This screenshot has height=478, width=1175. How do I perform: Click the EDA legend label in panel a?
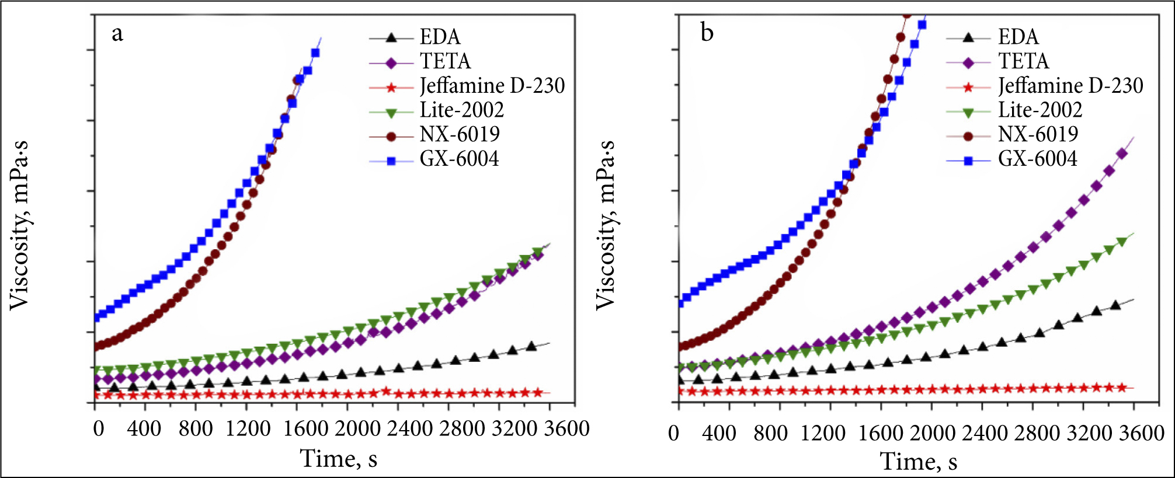(x=440, y=37)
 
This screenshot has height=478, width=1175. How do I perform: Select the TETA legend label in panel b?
(x=1023, y=61)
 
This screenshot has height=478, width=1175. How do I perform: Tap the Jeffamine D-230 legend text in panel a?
(x=492, y=86)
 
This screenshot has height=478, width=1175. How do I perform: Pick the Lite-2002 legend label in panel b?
(x=1040, y=110)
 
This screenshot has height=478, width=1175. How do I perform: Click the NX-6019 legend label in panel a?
(x=460, y=134)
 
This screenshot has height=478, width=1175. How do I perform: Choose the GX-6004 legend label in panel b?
(x=1037, y=159)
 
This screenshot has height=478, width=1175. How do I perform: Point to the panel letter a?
(x=117, y=34)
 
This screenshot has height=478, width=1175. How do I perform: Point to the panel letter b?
(x=707, y=33)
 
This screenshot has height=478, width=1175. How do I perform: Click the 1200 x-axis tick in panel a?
(x=248, y=429)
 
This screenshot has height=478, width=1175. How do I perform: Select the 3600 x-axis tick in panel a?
(x=566, y=429)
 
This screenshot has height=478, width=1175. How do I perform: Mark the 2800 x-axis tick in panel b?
(x=1037, y=433)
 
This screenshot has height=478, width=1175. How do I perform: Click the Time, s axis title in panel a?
(x=339, y=459)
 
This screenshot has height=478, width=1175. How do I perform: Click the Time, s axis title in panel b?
(x=919, y=461)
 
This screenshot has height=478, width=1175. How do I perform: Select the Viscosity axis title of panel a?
(x=19, y=225)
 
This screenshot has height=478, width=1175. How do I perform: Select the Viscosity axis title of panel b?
(x=606, y=225)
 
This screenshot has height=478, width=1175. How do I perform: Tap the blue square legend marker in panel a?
(x=391, y=159)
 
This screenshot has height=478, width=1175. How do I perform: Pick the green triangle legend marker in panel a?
(x=391, y=111)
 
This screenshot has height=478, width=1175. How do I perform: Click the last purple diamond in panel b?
(x=1122, y=153)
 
